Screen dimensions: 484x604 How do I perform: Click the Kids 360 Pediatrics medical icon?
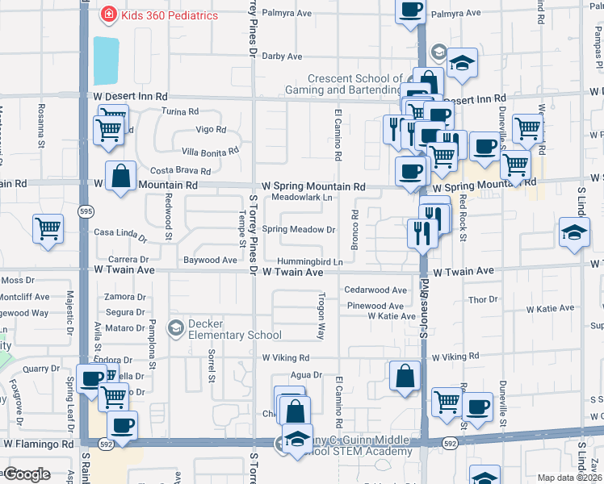point(107,15)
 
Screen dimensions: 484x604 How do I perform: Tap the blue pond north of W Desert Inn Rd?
point(105,60)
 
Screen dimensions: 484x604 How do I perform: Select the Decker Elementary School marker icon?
point(174,328)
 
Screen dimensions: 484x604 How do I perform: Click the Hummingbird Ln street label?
point(310,262)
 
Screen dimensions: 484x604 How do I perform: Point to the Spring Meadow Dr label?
point(298,230)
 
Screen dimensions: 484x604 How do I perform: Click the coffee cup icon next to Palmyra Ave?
point(410,10)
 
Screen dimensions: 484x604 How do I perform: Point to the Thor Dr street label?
point(483,299)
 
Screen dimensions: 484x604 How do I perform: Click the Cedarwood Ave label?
point(375,290)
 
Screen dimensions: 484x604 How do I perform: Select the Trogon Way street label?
point(320,321)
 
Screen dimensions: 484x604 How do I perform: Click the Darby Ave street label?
point(282,56)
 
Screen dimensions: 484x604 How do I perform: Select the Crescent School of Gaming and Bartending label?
point(354,84)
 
